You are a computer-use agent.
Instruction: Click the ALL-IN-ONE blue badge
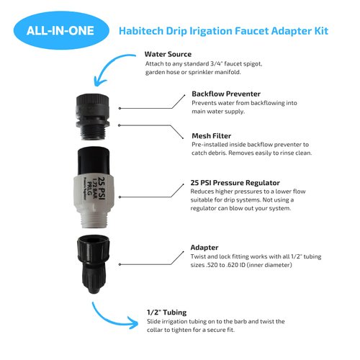point(60,32)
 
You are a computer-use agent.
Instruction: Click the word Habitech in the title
point(143,31)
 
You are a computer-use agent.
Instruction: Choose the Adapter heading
point(207,246)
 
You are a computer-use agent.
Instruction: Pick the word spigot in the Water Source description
point(249,65)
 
